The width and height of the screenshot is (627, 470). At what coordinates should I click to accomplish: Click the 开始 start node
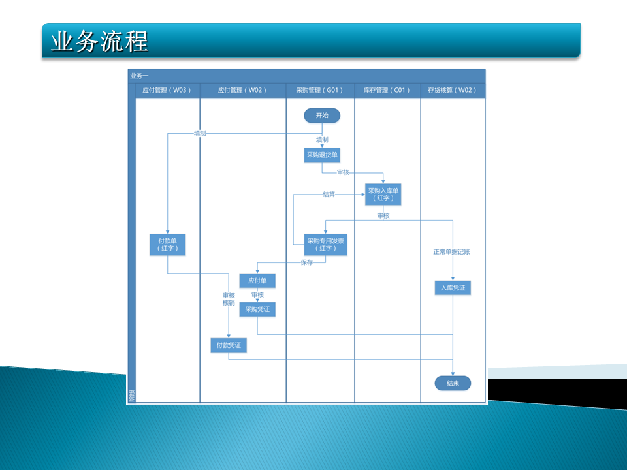[322, 116]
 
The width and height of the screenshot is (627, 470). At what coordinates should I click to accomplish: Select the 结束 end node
[453, 383]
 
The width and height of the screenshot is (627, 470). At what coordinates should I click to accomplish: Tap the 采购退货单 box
[322, 155]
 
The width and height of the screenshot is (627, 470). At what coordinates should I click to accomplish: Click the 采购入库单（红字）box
[383, 195]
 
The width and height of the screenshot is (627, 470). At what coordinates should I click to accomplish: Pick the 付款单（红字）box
[168, 245]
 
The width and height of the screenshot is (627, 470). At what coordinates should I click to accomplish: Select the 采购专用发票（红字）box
[325, 245]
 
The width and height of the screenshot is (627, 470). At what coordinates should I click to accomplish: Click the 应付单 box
[257, 281]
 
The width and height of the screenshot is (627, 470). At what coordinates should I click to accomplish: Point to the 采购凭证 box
[257, 309]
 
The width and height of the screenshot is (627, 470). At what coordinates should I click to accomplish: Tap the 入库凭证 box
[453, 288]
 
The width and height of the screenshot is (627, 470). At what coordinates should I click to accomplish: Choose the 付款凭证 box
[229, 345]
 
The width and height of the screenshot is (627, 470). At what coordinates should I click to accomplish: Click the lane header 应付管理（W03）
[167, 90]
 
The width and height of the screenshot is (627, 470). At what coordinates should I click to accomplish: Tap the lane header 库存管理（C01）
[387, 90]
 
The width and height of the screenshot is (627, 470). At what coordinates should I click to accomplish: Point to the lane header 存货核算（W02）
[452, 90]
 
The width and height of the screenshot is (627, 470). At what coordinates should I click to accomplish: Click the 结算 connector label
[329, 194]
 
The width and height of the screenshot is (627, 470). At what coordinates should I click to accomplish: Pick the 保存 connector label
[307, 263]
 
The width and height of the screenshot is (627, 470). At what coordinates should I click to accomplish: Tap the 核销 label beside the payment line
[229, 303]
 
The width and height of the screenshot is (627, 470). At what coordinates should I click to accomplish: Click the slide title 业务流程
[99, 41]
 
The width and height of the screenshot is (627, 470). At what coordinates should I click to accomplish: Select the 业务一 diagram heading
[139, 76]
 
